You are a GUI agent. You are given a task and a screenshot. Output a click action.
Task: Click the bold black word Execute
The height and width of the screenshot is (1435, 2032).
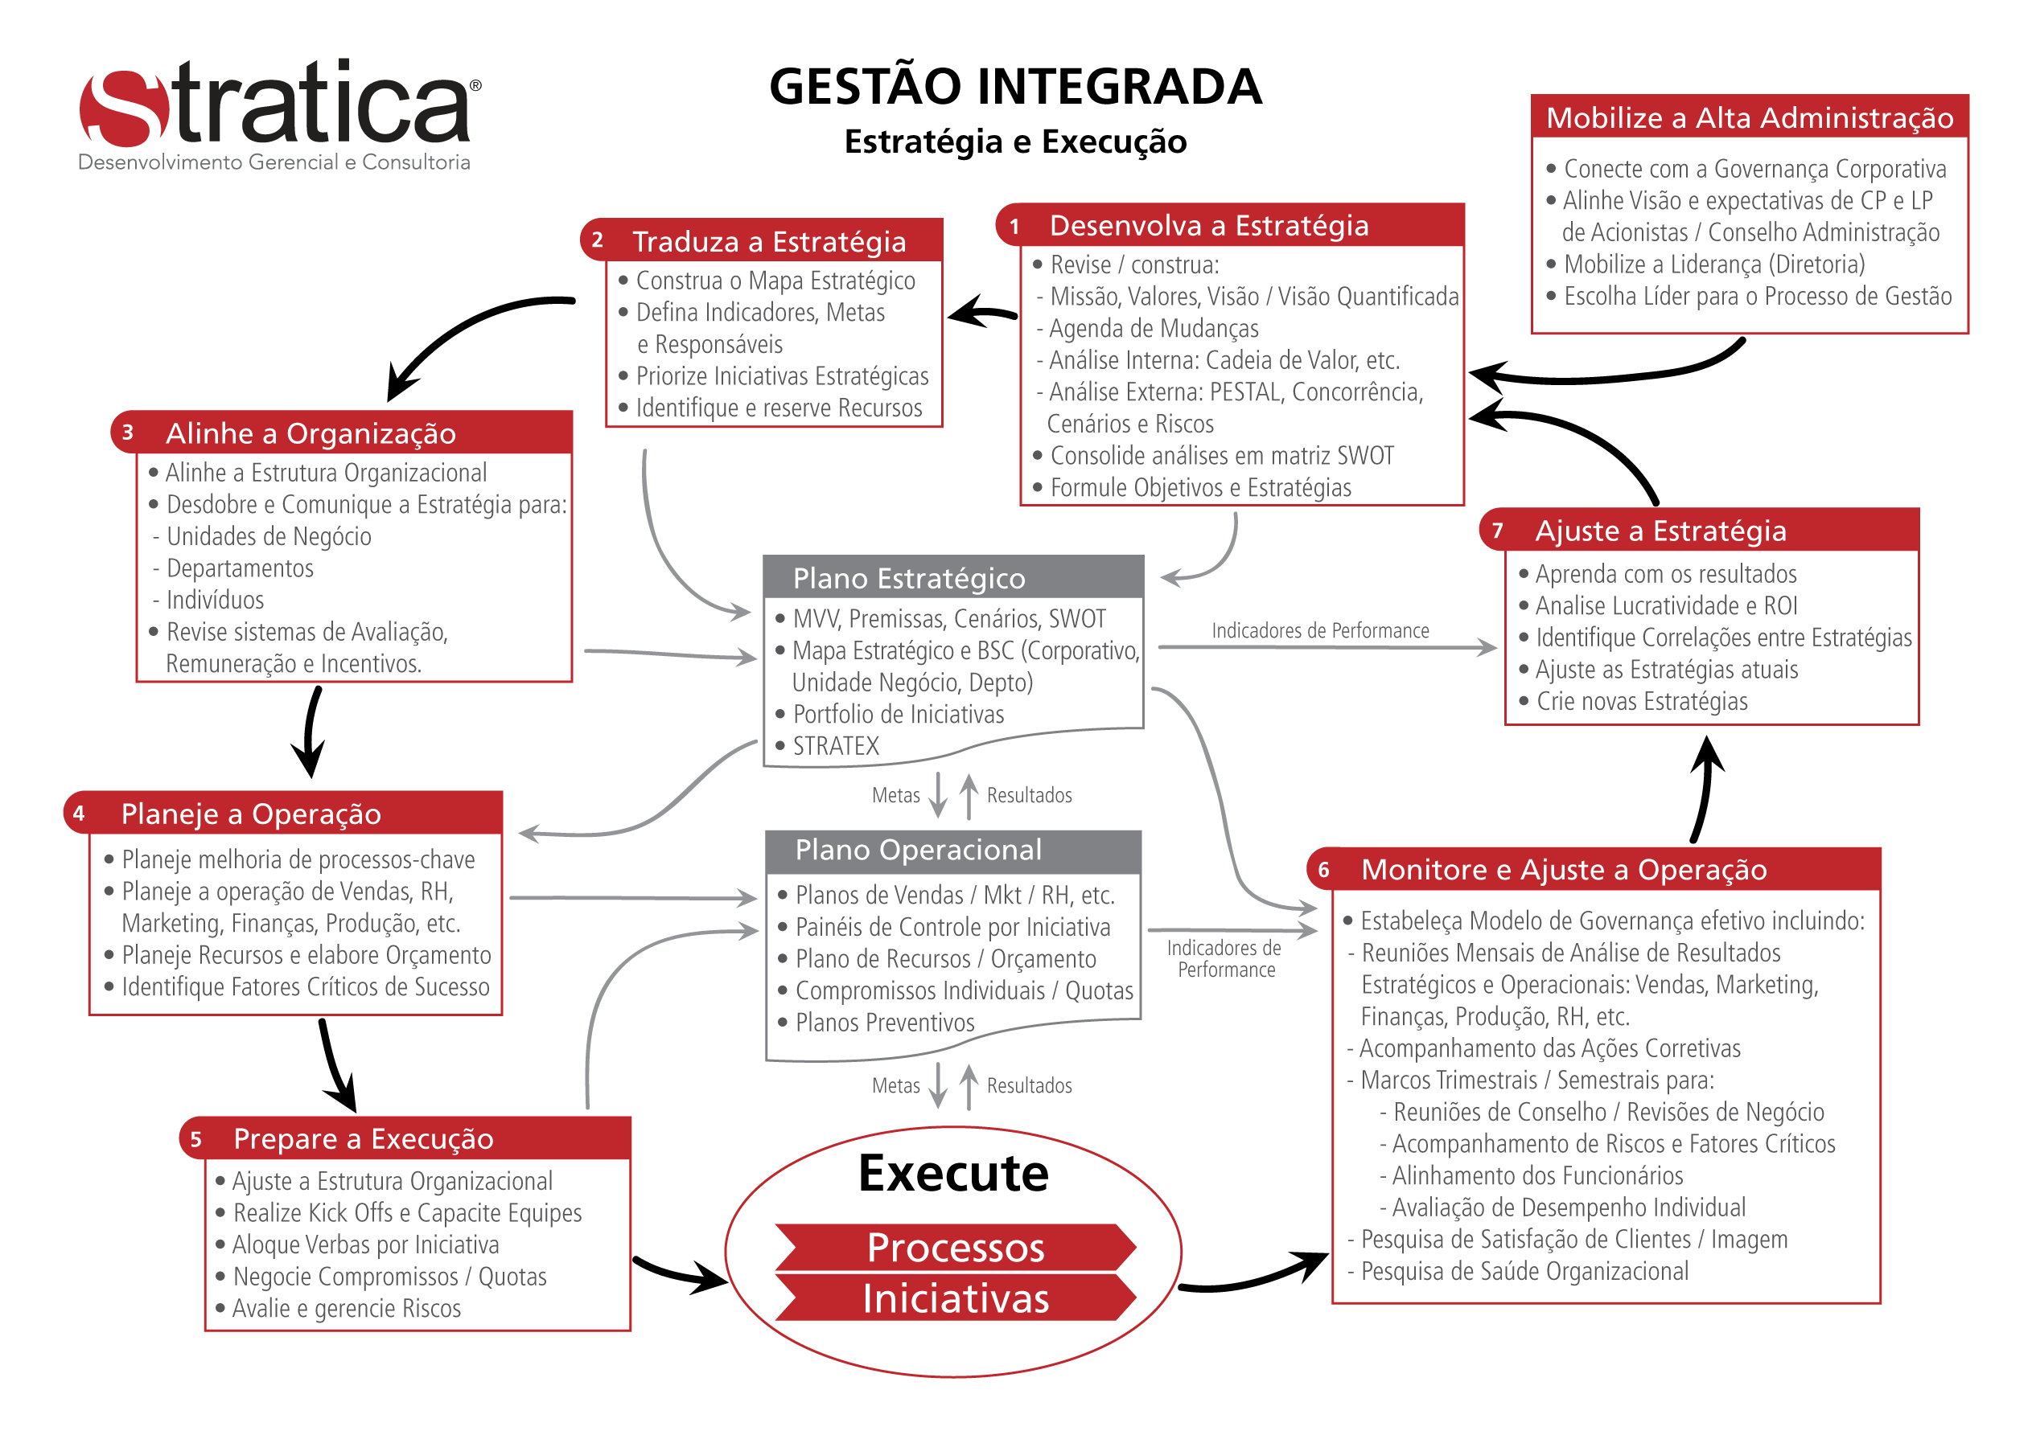pyautogui.click(x=953, y=1173)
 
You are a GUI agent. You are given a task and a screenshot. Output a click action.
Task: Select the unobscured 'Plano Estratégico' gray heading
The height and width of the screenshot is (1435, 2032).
pyautogui.click(x=909, y=579)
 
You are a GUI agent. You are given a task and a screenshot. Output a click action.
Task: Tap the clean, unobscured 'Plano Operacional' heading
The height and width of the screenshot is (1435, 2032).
pyautogui.click(x=918, y=851)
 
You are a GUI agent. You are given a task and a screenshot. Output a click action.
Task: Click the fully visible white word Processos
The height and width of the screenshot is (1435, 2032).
pyautogui.click(x=956, y=1248)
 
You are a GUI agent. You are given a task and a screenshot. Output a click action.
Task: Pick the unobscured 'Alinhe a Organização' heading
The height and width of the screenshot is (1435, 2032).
pyautogui.click(x=311, y=433)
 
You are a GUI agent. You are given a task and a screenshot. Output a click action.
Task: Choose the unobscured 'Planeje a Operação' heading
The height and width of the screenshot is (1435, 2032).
pyautogui.click(x=251, y=814)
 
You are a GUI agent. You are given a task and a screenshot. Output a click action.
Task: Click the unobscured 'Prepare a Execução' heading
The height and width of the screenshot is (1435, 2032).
pyautogui.click(x=363, y=1139)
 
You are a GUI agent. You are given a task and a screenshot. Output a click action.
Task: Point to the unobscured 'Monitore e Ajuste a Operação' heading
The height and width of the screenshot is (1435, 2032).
pyautogui.click(x=1564, y=870)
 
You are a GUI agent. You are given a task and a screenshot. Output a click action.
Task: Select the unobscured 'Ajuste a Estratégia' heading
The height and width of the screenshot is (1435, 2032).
pyautogui.click(x=1660, y=531)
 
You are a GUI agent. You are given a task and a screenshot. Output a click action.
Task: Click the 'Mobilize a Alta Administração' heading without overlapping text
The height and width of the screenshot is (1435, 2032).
pyautogui.click(x=1749, y=117)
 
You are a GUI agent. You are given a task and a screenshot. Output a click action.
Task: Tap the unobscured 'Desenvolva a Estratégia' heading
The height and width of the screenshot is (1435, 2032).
pyautogui.click(x=1209, y=226)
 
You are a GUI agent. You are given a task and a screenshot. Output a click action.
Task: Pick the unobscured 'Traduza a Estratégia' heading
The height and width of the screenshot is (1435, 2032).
pyautogui.click(x=769, y=241)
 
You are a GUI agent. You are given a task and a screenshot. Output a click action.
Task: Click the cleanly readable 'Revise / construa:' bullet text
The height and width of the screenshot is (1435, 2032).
pyautogui.click(x=1133, y=264)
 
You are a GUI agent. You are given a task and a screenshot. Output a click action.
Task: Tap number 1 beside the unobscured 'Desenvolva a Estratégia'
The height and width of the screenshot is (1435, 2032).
pyautogui.click(x=1015, y=227)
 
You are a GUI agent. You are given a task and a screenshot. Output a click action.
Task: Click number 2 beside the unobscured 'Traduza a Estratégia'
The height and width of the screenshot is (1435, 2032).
pyautogui.click(x=598, y=240)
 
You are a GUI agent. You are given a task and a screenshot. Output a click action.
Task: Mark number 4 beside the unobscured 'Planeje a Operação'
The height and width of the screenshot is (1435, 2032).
pyautogui.click(x=79, y=813)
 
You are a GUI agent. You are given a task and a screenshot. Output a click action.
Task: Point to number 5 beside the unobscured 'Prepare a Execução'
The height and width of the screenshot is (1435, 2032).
pyautogui.click(x=195, y=1139)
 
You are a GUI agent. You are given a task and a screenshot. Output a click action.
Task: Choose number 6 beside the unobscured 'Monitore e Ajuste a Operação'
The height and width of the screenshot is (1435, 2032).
pyautogui.click(x=1324, y=870)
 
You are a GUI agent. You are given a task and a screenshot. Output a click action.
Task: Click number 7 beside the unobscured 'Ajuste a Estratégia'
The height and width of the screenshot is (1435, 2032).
pyautogui.click(x=1497, y=531)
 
